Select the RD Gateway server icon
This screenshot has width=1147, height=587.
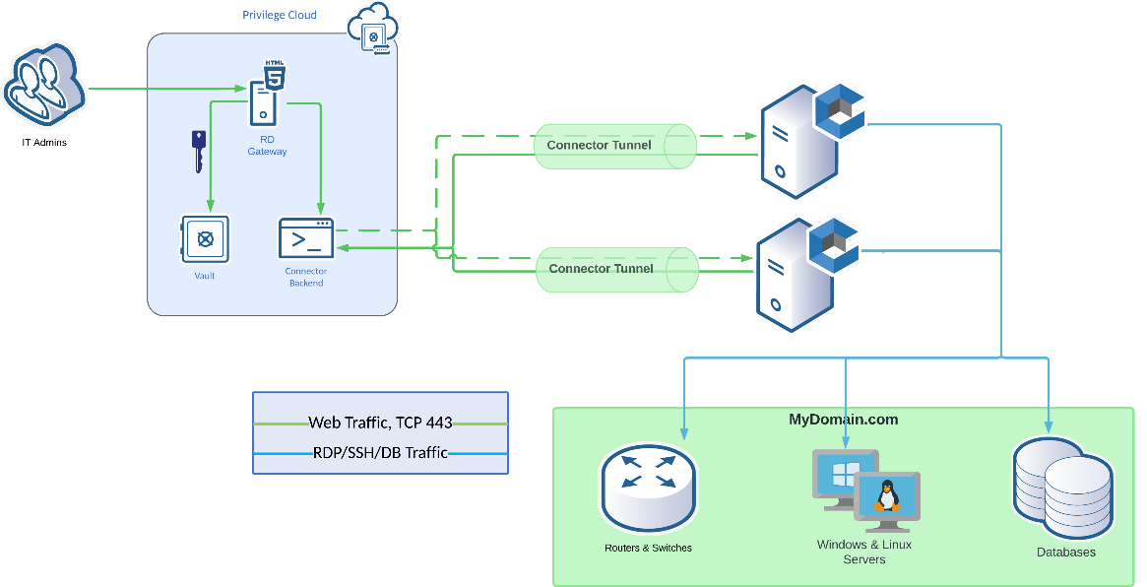coord(265,95)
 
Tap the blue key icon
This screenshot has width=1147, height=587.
coord(199,151)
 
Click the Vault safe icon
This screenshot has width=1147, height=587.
coord(205,239)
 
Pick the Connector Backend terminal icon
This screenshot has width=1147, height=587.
coord(306,239)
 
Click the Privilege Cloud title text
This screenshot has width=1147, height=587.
coord(280,15)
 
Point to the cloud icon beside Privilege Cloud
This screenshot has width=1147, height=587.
coord(372,29)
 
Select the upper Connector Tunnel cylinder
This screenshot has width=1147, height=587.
coord(614,146)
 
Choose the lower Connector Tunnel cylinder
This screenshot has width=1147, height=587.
coord(616,269)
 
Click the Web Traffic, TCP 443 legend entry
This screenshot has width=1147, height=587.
coord(380,423)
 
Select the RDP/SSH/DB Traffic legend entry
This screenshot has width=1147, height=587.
coord(380,453)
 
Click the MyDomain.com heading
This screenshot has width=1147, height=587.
coord(843,420)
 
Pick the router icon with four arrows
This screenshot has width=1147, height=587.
coord(648,487)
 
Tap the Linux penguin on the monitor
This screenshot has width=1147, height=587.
coord(887,496)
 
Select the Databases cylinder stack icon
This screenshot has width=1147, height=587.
coord(1064,489)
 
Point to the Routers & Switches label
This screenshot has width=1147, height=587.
coord(648,548)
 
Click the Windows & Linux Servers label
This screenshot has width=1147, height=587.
coord(863,552)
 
